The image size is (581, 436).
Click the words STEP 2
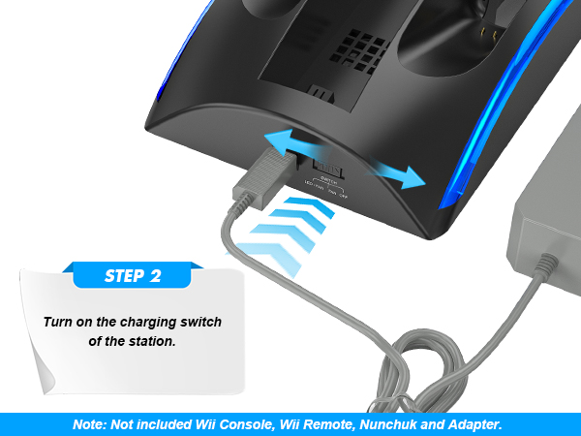coord(133,275)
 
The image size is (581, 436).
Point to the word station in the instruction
coord(161,340)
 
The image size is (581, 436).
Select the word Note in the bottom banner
coord(90,424)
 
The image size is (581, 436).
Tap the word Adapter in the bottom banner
coord(474,424)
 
